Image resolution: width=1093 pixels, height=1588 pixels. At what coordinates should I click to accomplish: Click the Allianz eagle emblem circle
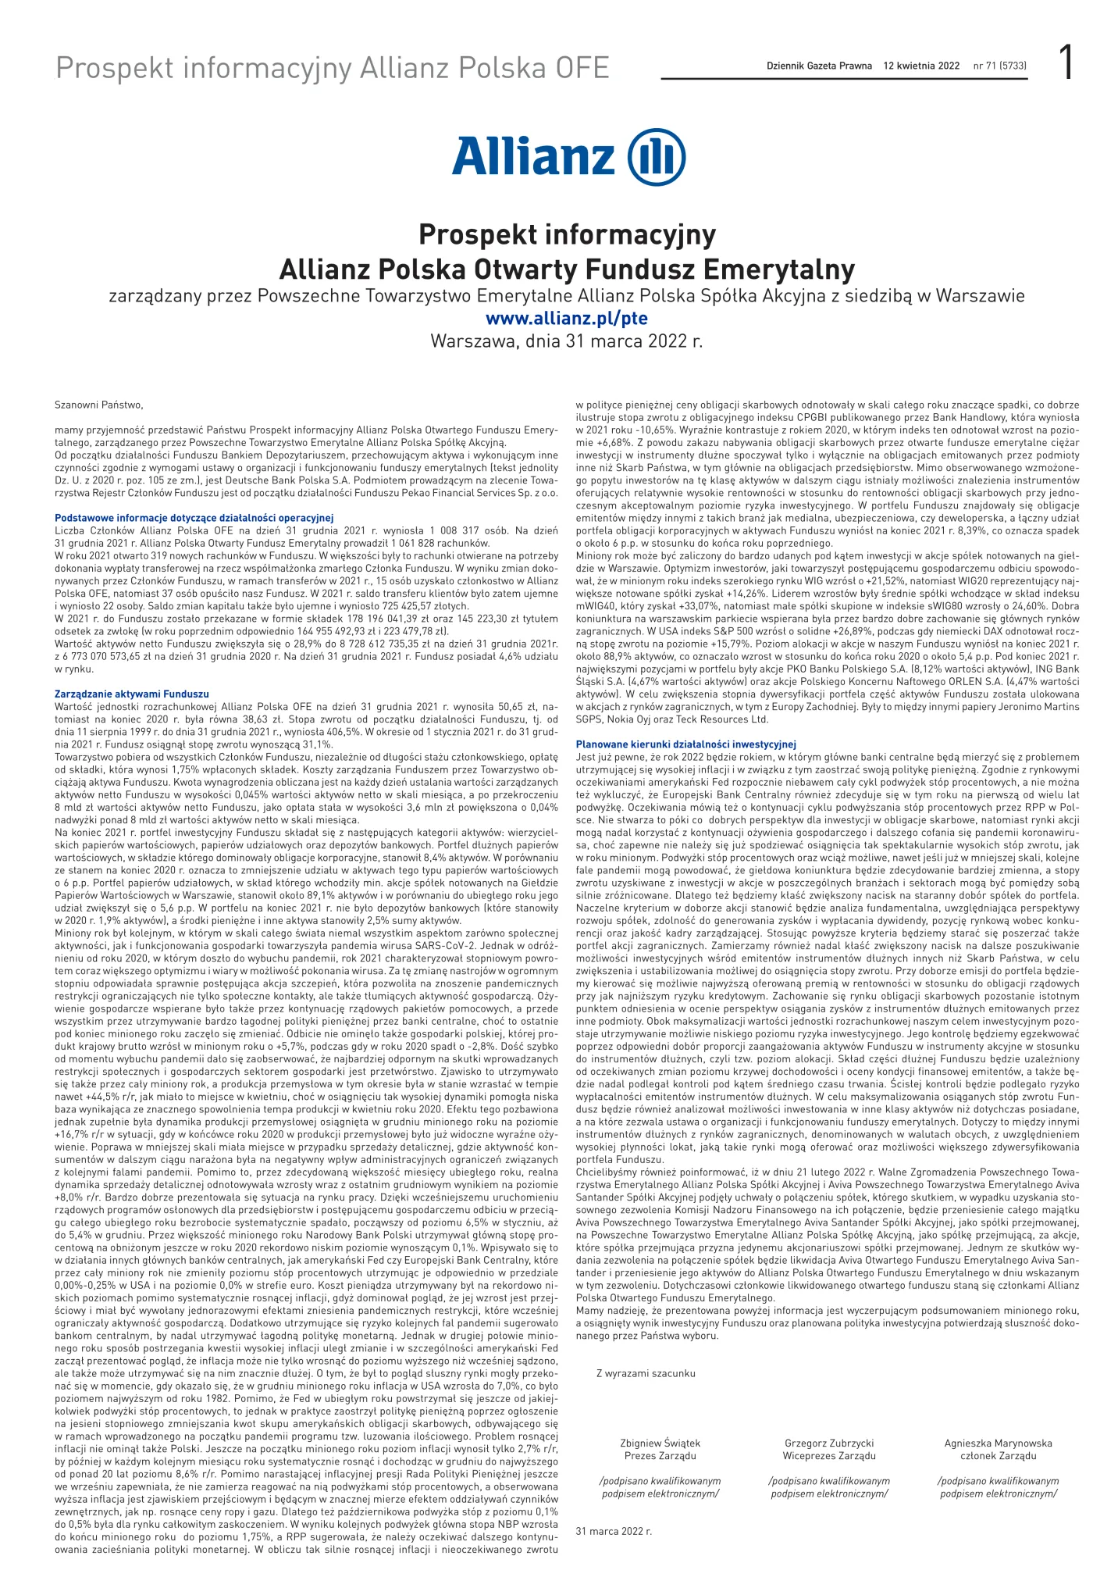pyautogui.click(x=657, y=156)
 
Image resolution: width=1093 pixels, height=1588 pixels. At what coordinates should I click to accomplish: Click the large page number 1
pyautogui.click(x=1065, y=62)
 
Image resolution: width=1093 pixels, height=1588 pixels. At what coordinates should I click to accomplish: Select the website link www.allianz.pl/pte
pyautogui.click(x=566, y=319)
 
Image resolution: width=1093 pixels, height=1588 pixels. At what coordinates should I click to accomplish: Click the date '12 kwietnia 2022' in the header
pyautogui.click(x=921, y=66)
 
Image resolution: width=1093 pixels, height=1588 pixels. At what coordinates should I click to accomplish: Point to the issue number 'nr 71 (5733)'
pyautogui.click(x=1000, y=66)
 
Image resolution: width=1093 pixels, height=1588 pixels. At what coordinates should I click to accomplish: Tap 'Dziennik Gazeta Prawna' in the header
pyautogui.click(x=819, y=66)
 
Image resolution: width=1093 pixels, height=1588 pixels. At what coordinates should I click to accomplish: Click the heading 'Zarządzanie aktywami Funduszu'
pyautogui.click(x=132, y=694)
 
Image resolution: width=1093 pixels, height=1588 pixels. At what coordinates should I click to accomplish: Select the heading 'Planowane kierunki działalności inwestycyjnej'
pyautogui.click(x=685, y=744)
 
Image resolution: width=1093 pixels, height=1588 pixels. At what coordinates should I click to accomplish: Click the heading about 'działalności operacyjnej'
pyautogui.click(x=194, y=518)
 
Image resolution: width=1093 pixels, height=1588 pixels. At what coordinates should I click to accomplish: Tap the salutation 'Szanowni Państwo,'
pyautogui.click(x=99, y=405)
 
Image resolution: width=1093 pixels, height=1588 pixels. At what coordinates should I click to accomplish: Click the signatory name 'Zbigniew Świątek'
pyautogui.click(x=660, y=1443)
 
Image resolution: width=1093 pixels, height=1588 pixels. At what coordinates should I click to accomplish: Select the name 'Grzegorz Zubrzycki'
pyautogui.click(x=829, y=1443)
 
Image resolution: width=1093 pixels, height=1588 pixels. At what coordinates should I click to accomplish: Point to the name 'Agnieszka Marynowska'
pyautogui.click(x=998, y=1443)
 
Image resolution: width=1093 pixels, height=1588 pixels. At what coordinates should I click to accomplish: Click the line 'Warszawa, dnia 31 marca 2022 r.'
pyautogui.click(x=567, y=341)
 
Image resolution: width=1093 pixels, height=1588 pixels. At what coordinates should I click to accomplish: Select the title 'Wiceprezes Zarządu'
pyautogui.click(x=829, y=1456)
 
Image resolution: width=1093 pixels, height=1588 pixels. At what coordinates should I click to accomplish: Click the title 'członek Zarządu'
pyautogui.click(x=998, y=1456)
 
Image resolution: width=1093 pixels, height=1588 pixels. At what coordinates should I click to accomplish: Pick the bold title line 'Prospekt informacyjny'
pyautogui.click(x=567, y=234)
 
